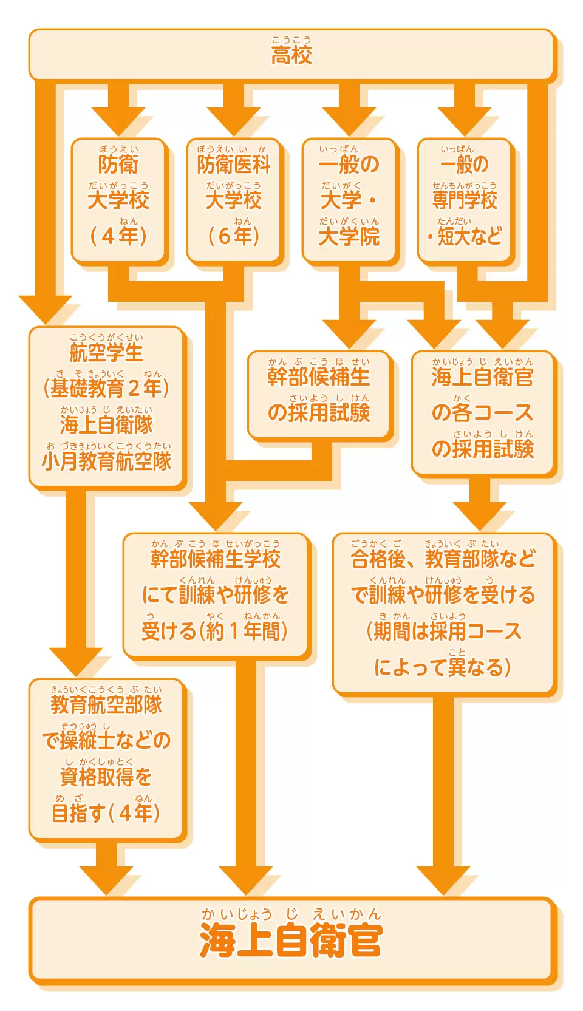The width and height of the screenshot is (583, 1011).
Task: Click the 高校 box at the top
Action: click(x=291, y=55)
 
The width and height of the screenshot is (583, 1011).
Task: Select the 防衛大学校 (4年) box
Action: click(x=118, y=201)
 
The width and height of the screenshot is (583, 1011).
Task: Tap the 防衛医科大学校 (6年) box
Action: click(x=234, y=201)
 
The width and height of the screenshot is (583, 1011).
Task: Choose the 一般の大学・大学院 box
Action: click(x=349, y=201)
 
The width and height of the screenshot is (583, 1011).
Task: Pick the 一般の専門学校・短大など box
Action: click(x=465, y=201)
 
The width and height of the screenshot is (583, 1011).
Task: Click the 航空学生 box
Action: click(x=106, y=407)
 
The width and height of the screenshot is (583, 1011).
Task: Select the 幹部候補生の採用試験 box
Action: click(x=319, y=395)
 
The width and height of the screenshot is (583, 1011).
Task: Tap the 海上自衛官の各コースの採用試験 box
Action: click(x=483, y=413)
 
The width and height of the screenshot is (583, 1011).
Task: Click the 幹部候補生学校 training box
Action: click(x=216, y=595)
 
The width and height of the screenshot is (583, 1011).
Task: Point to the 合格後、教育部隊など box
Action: click(x=443, y=613)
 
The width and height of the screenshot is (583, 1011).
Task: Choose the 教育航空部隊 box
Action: click(x=106, y=759)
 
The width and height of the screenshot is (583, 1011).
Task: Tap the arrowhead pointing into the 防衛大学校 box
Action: click(x=118, y=121)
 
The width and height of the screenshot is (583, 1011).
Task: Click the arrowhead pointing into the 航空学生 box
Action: click(x=46, y=310)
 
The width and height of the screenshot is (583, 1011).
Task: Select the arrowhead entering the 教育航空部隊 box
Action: click(x=76, y=662)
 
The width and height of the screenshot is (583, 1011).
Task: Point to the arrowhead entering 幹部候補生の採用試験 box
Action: click(x=349, y=334)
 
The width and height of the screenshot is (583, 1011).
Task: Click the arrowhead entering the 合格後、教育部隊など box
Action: click(x=480, y=516)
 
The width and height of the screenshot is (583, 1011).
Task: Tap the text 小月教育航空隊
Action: click(x=106, y=461)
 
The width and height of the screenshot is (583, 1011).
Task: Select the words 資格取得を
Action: click(x=106, y=777)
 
